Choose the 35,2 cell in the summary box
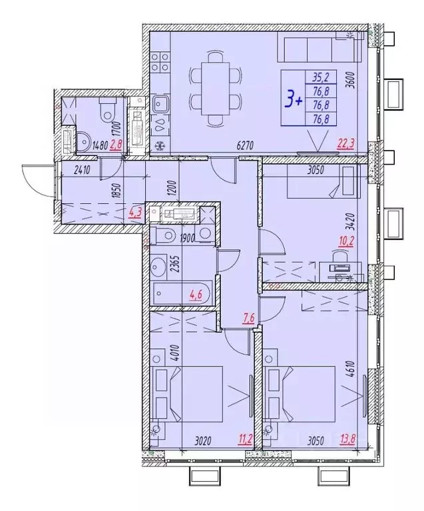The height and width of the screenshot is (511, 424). click(x=322, y=75)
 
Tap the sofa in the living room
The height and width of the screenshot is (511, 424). click(x=316, y=50)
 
